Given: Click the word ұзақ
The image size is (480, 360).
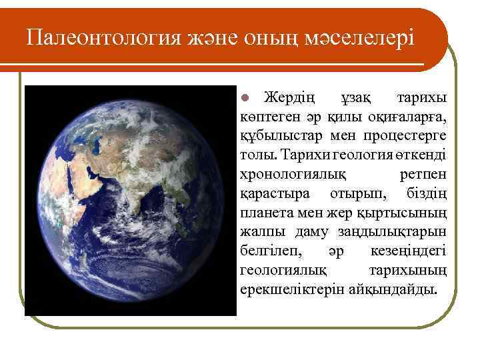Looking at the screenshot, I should point(355,98).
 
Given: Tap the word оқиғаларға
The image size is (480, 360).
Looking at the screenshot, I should point(408,117).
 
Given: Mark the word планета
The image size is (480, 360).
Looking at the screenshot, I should point(265,214).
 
